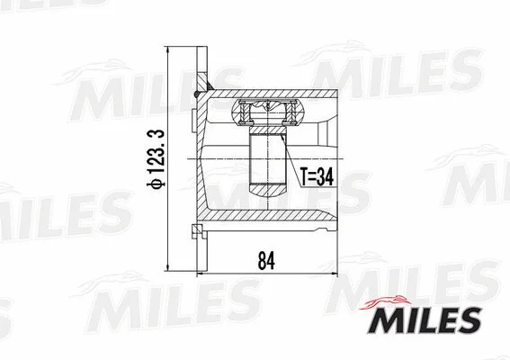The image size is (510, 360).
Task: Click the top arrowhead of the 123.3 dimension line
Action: [167, 46]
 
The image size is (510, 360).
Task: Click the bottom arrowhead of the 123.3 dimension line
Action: [167, 267]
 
